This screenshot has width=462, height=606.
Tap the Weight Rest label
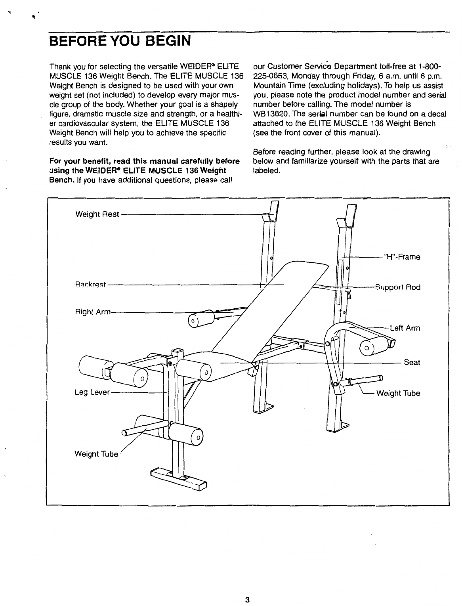tap(97, 214)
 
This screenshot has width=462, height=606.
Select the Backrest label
tap(90, 284)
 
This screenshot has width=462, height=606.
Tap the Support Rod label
tap(398, 287)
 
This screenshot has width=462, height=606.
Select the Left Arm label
tap(405, 328)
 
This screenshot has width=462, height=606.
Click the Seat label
tap(412, 362)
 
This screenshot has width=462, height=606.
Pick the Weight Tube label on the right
tap(398, 394)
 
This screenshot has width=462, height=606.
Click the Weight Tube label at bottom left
tap(96, 454)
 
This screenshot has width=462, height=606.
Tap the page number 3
tap(247, 589)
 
